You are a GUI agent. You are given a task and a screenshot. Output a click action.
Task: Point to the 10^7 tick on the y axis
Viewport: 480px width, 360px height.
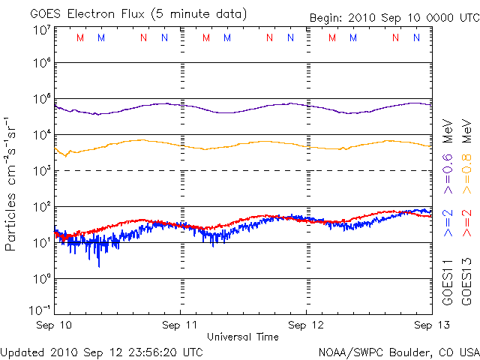coord(41,30)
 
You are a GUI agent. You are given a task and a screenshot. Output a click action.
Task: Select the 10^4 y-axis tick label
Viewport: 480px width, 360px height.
coord(41,135)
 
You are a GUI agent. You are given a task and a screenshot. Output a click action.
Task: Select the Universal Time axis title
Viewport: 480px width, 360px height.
coord(243,337)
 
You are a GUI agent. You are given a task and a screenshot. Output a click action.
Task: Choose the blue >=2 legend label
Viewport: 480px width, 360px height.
coord(448,223)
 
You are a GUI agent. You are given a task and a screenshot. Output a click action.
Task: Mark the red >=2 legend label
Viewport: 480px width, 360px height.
coord(466,223)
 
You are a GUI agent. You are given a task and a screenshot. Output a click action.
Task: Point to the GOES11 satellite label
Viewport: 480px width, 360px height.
coord(448,283)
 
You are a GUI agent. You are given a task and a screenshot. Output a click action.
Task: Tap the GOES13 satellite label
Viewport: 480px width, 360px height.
coord(466,283)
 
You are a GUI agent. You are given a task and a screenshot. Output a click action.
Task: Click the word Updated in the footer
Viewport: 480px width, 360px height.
coord(22,351)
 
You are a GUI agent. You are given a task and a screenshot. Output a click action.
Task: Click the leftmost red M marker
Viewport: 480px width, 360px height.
coord(80,37)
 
